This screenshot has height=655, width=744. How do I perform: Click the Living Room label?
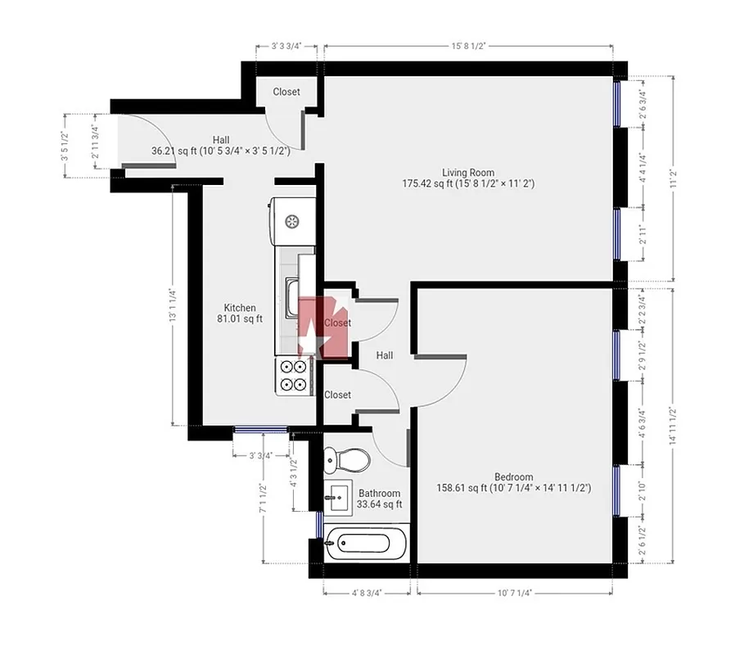point(467,172)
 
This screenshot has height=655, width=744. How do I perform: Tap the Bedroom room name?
point(513,477)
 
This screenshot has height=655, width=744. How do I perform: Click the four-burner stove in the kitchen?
point(294,376)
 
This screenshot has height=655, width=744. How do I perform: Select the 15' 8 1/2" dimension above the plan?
point(467,47)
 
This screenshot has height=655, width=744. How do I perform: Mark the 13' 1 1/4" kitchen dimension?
point(173,305)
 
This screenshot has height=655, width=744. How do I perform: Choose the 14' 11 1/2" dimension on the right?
point(673,426)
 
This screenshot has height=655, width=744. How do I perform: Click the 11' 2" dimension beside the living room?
point(673,178)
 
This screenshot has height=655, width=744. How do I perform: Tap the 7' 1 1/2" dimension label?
point(263,499)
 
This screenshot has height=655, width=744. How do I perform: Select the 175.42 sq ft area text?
point(467,184)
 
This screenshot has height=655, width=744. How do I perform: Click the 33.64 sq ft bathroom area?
point(379,504)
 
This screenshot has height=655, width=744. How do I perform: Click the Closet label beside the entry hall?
point(286,92)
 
